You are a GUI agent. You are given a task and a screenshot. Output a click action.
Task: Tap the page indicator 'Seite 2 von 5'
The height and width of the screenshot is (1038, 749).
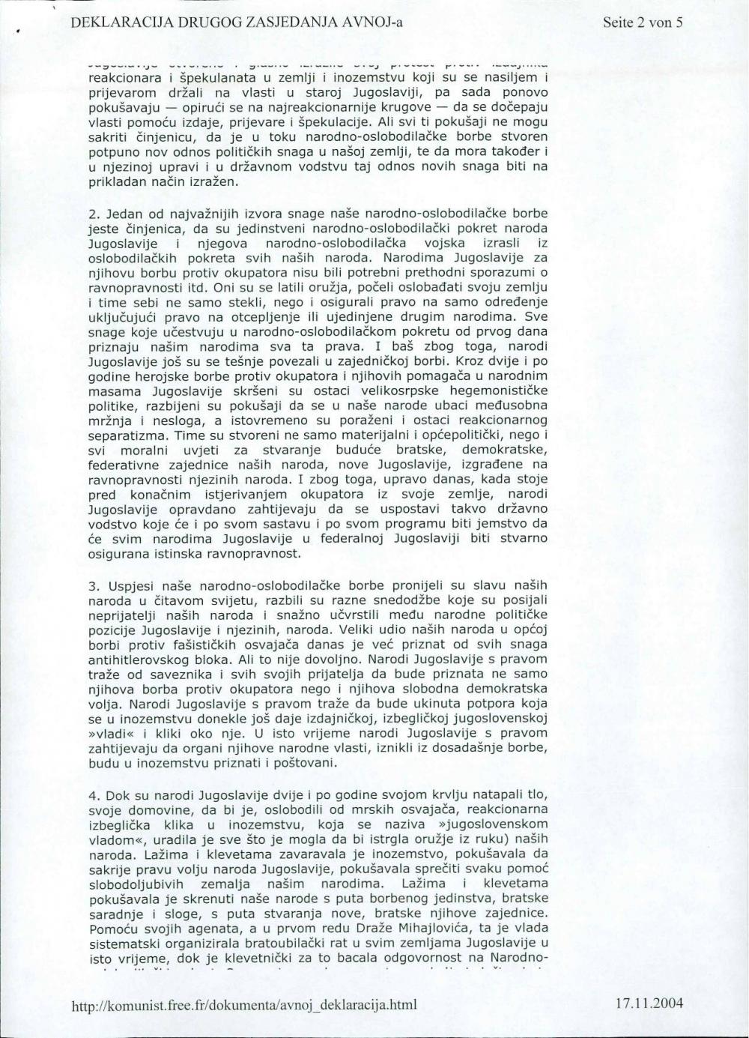tap(643, 22)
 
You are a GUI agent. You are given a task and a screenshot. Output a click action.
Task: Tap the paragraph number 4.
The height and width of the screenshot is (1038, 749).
tap(93, 794)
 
